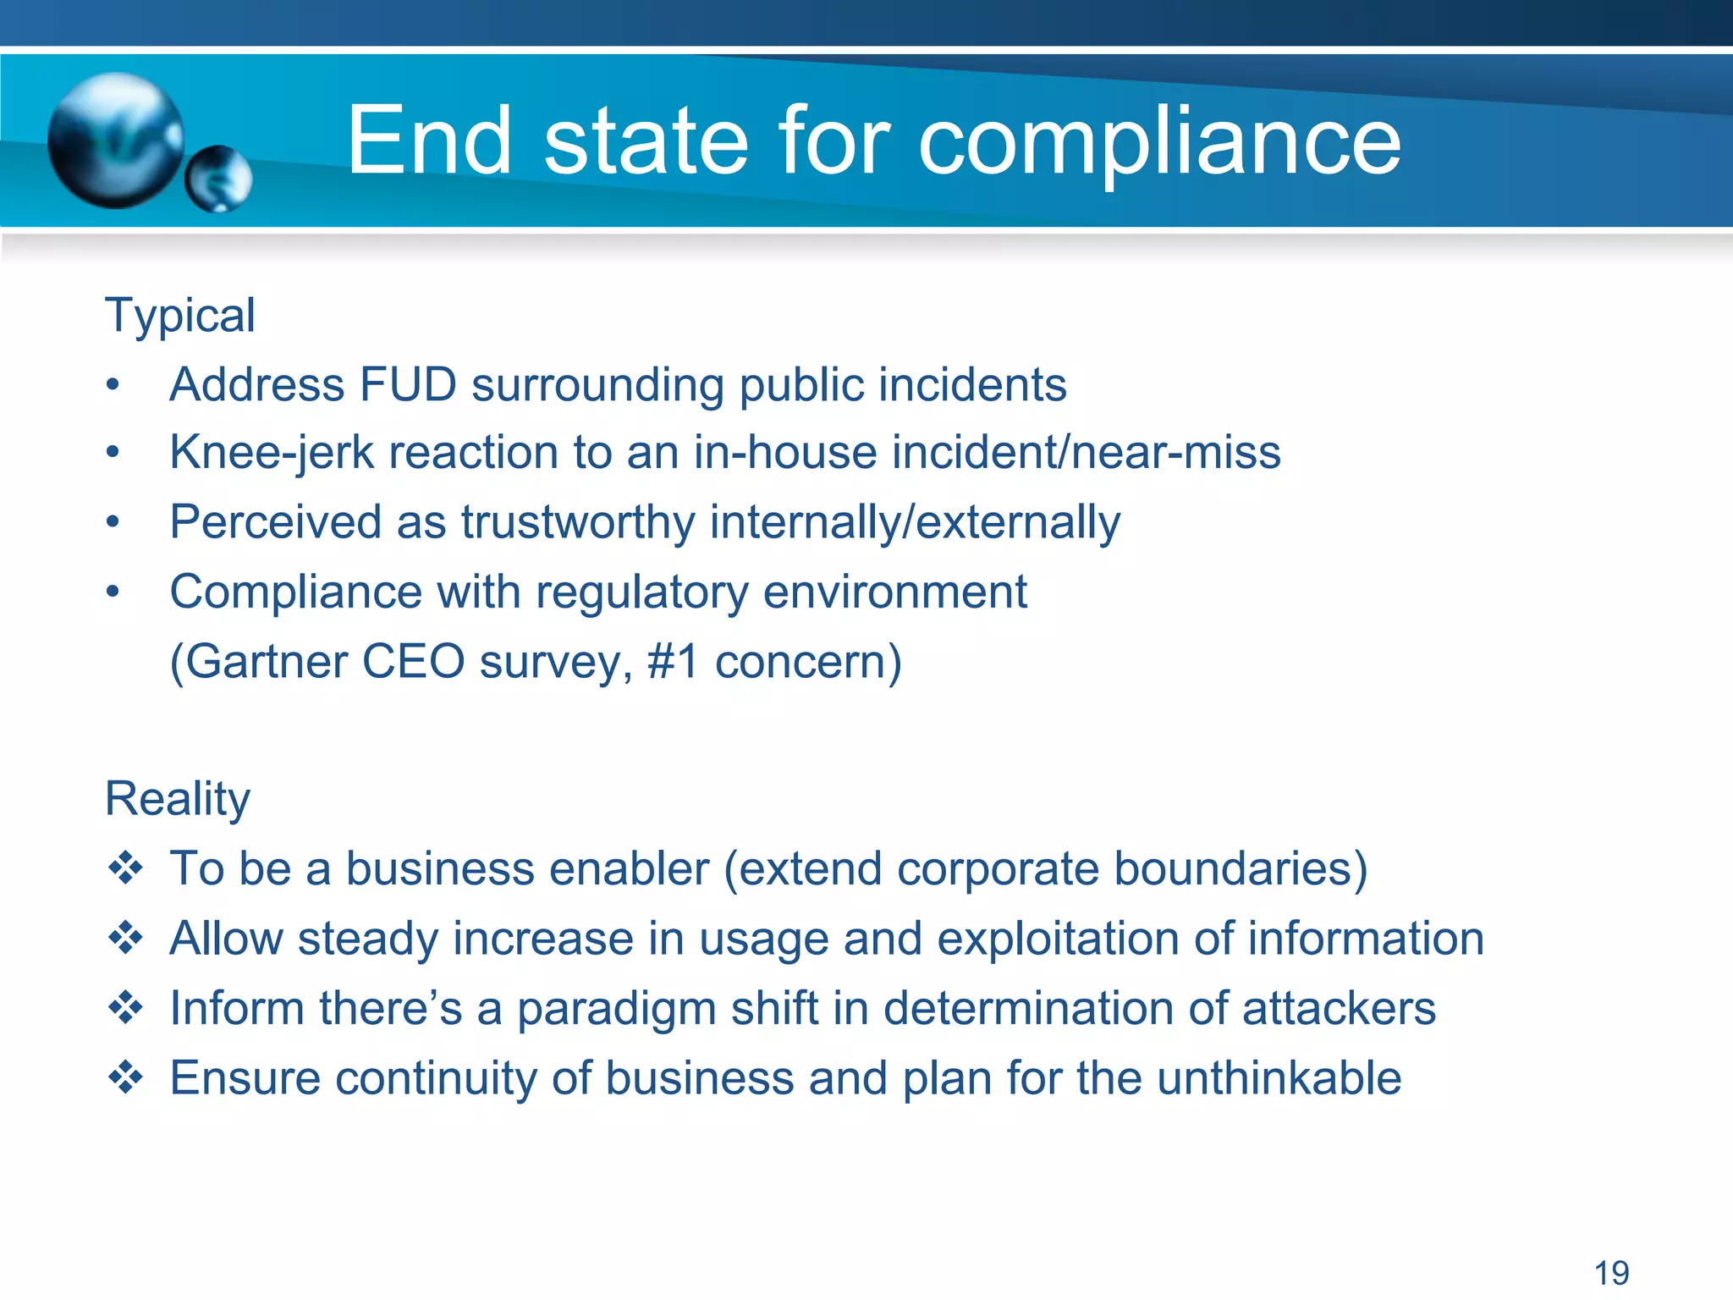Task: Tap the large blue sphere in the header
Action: pyautogui.click(x=115, y=140)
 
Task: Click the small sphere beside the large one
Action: pyautogui.click(x=218, y=179)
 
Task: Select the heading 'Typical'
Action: pyautogui.click(x=179, y=317)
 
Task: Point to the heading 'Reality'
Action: pyautogui.click(x=178, y=799)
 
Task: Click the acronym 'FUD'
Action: pyautogui.click(x=408, y=385)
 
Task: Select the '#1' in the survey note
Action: pyautogui.click(x=674, y=661)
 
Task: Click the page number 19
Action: pyautogui.click(x=1611, y=1273)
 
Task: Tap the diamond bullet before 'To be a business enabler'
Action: pyautogui.click(x=125, y=868)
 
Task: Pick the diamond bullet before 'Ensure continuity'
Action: pyautogui.click(x=125, y=1077)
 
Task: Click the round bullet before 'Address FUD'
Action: pyautogui.click(x=113, y=386)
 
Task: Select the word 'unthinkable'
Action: pyautogui.click(x=1279, y=1078)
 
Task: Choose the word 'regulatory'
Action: pyautogui.click(x=642, y=592)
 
